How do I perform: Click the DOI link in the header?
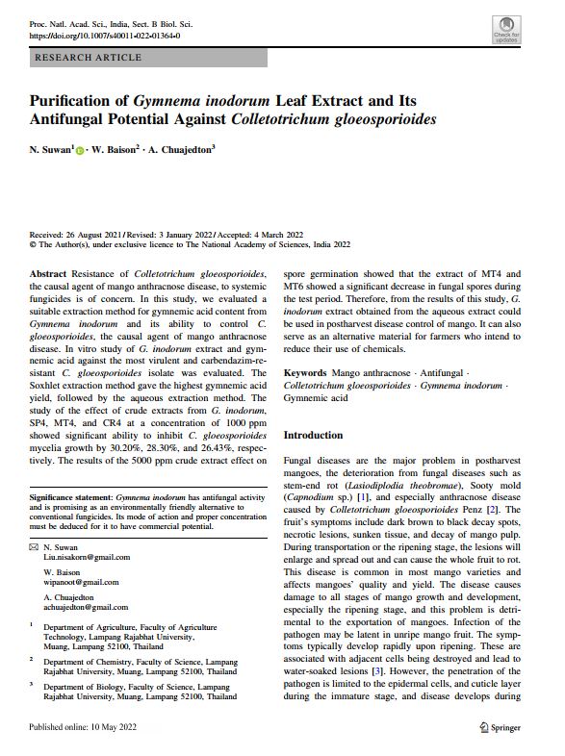[x=104, y=36]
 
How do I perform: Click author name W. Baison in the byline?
[x=115, y=150]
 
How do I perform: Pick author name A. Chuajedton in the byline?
[x=182, y=150]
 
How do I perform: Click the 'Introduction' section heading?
[x=313, y=436]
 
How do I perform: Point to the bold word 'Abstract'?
[x=49, y=274]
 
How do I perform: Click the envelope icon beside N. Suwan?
[x=35, y=546]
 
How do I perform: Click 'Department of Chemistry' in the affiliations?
[x=90, y=662]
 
